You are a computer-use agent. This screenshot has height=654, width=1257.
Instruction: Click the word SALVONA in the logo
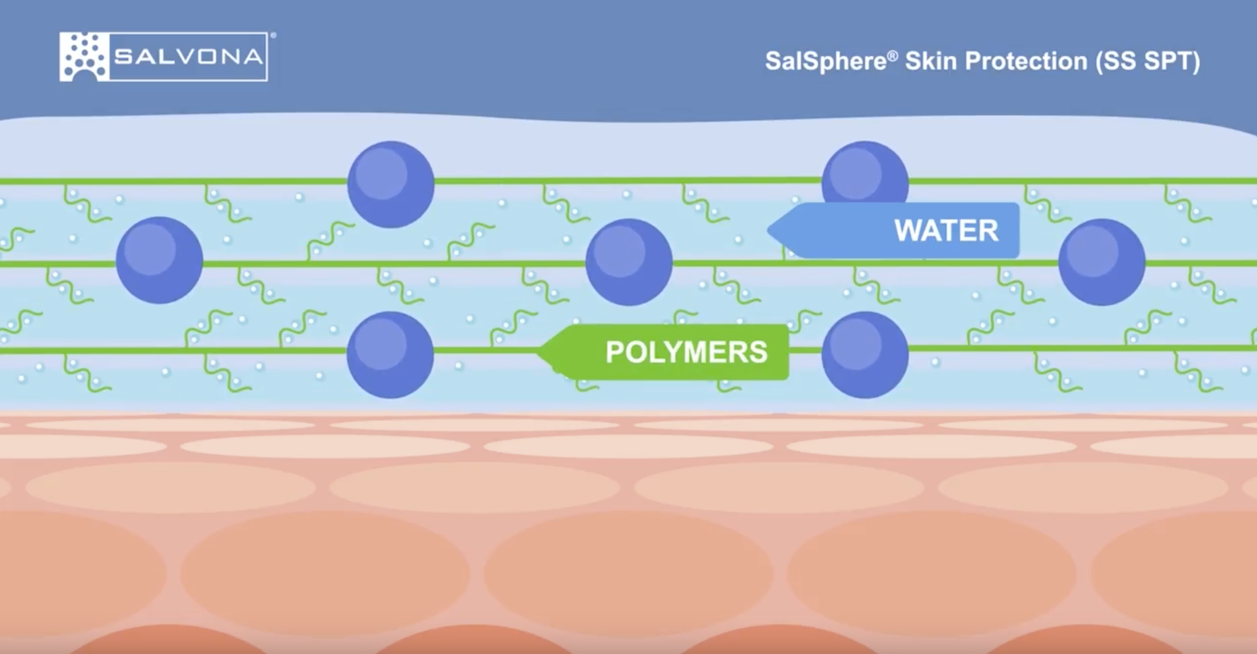(x=189, y=57)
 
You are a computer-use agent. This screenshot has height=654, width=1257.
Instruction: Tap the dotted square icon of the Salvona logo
(x=84, y=57)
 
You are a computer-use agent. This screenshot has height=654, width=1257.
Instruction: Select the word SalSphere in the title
(x=826, y=62)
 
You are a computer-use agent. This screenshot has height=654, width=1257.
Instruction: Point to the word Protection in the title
(x=1026, y=61)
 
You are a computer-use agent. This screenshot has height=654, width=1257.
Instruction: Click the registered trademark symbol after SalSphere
(x=892, y=55)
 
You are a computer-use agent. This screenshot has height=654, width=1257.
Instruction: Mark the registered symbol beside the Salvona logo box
(x=273, y=36)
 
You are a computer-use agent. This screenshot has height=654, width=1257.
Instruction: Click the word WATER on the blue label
(x=946, y=231)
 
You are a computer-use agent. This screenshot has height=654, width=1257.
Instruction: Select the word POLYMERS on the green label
(x=686, y=352)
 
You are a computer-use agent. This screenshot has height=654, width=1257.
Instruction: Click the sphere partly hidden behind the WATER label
(x=865, y=171)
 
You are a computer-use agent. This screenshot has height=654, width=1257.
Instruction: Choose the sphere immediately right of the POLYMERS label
(x=865, y=355)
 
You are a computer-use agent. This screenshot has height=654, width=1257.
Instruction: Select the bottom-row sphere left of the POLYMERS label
(x=390, y=355)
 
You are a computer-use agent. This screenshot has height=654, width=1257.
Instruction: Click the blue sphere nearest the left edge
(x=159, y=260)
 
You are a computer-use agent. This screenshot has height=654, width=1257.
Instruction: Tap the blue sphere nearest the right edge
(x=1102, y=262)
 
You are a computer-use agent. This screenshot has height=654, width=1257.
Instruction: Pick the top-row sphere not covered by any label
(x=391, y=184)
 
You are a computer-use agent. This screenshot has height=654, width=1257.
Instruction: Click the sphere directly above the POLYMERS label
(x=628, y=262)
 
